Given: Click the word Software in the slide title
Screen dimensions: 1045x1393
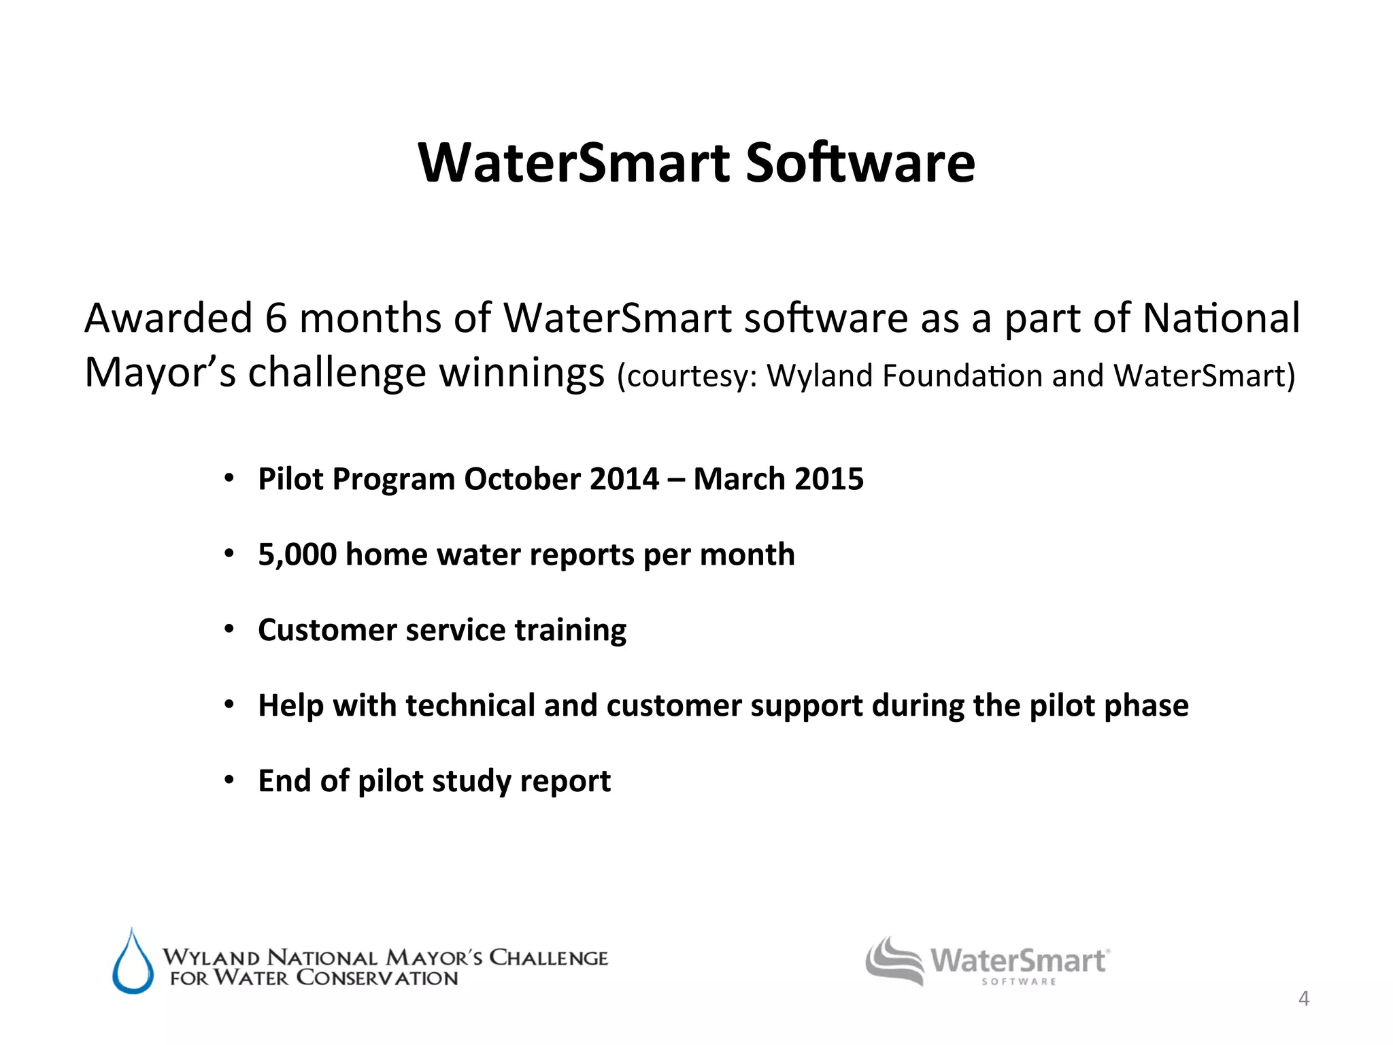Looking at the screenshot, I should [860, 163].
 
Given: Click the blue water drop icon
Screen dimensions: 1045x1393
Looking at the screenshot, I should [133, 963].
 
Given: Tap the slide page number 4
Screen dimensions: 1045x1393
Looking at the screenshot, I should [1303, 999].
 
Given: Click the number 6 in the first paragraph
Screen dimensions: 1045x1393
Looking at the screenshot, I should [275, 318].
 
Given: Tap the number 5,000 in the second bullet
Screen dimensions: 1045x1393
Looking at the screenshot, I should [297, 554].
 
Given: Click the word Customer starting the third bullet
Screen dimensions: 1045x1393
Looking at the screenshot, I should [327, 630].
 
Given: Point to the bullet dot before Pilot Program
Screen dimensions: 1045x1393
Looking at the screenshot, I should [230, 479].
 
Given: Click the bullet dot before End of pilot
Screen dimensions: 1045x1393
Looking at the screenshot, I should [230, 780].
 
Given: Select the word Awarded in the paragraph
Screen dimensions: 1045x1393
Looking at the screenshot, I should [168, 318].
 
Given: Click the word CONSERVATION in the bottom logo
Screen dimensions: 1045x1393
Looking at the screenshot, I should [377, 978].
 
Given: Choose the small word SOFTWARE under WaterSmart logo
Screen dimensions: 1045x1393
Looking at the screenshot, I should [1018, 982].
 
